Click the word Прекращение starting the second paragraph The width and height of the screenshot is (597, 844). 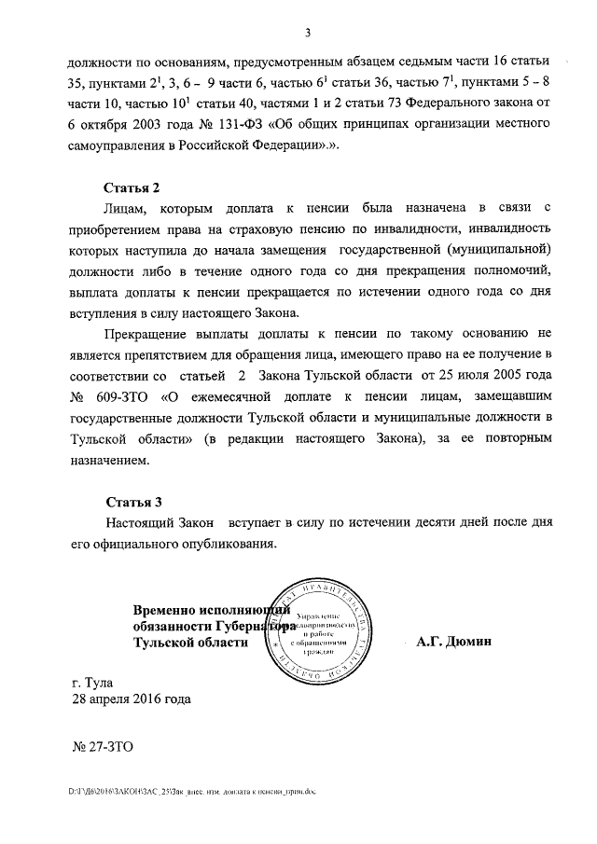[x=152, y=333]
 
